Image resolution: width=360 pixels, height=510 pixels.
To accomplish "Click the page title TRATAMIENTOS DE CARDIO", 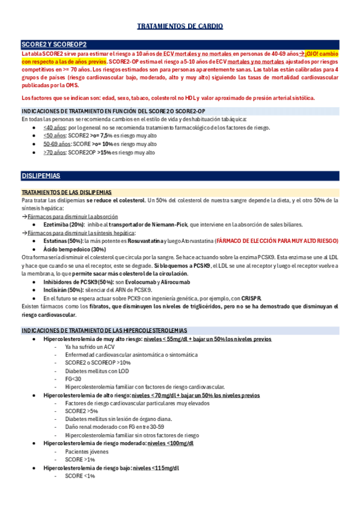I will click(x=180, y=26).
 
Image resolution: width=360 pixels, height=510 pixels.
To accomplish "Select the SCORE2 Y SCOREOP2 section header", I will click(x=53, y=45).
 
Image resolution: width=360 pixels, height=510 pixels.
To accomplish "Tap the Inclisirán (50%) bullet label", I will click(x=66, y=290).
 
